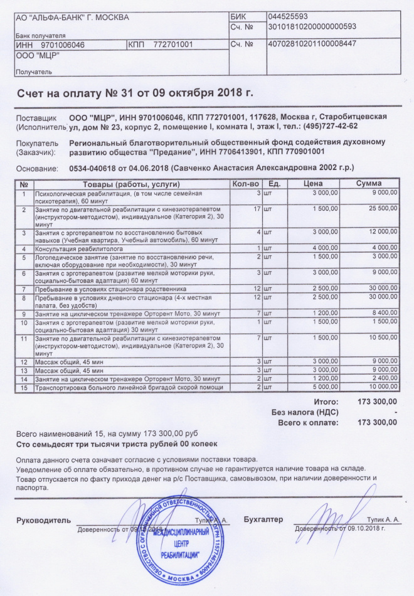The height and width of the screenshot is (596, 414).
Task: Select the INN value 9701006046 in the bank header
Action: [x=62, y=45]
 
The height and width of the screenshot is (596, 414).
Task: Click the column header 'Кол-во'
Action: [x=245, y=184]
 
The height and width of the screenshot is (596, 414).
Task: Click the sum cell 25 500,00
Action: [x=382, y=208]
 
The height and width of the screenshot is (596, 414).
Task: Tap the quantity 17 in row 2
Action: [x=256, y=208]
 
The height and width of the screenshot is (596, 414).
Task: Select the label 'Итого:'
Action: [x=326, y=401]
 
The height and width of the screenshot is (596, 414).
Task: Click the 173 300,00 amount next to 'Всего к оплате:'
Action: [x=376, y=423]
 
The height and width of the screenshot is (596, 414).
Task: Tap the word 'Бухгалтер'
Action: [x=263, y=519]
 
